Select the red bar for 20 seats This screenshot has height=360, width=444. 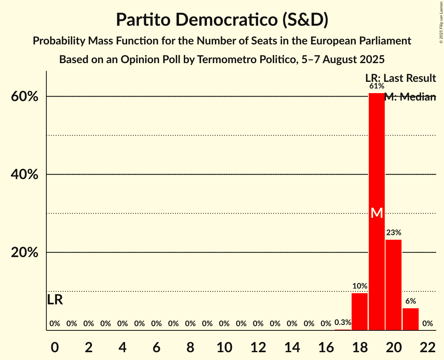coord(393,285)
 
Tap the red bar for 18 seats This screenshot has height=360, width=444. coord(359,311)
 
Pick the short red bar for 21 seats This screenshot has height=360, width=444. coord(410,319)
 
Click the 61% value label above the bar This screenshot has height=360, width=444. coord(377,86)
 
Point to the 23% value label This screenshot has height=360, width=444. coord(393,233)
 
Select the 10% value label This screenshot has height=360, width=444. coord(359,286)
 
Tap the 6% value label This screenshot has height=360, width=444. coord(410,301)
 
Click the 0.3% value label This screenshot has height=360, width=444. coord(343,323)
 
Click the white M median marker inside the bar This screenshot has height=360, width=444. coord(377,213)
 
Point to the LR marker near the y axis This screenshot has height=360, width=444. coord(55,300)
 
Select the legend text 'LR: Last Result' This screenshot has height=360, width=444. coord(401,78)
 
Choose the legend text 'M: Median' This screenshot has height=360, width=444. coord(410,97)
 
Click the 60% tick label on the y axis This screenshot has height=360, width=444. coord(24,97)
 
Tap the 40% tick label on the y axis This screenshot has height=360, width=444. coord(24,175)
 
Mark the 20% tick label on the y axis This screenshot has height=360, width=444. coord(24,252)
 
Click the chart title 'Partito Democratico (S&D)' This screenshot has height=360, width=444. coord(222,19)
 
